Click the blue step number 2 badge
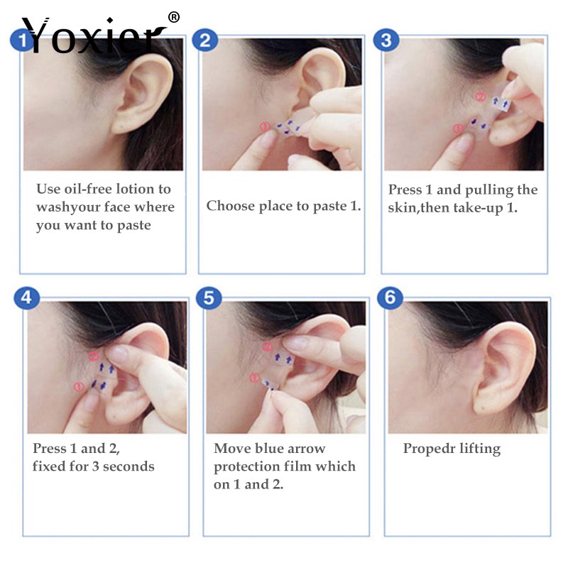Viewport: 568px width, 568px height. pyautogui.click(x=204, y=40)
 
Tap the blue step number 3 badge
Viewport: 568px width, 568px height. pyautogui.click(x=386, y=40)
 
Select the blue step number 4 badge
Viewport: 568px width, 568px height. pyautogui.click(x=26, y=297)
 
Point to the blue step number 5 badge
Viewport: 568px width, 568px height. pyautogui.click(x=207, y=297)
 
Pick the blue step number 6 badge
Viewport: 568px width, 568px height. pyautogui.click(x=390, y=297)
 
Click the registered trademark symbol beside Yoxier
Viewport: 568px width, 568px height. pyautogui.click(x=174, y=16)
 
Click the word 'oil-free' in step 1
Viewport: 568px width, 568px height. pyautogui.click(x=89, y=189)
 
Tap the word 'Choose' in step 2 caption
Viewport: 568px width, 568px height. pyautogui.click(x=231, y=206)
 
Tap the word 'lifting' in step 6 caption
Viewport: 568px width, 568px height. pyautogui.click(x=479, y=449)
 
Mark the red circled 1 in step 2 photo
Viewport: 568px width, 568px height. pyautogui.click(x=264, y=127)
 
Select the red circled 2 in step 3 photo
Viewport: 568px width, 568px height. pyautogui.click(x=480, y=97)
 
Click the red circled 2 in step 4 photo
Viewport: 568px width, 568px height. pyautogui.click(x=93, y=356)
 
